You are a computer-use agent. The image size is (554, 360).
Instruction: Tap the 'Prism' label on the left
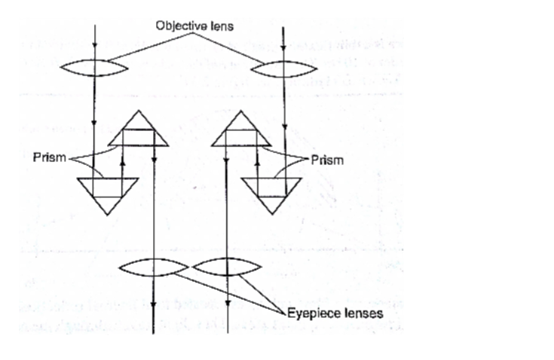click(x=49, y=159)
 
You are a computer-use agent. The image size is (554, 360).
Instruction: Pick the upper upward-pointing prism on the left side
click(x=139, y=131)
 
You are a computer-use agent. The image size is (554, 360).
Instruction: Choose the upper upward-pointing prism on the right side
click(x=240, y=131)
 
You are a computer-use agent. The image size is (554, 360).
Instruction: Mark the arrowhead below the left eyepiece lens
click(x=154, y=306)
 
